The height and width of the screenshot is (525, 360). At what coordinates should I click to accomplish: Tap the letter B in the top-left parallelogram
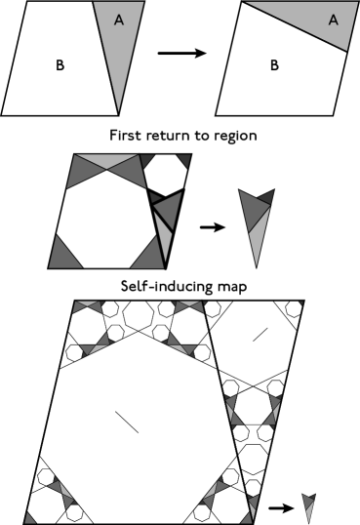[x=60, y=67]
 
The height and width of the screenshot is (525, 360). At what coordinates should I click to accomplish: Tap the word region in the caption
[x=231, y=135]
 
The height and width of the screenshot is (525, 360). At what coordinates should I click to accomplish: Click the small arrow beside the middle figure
[x=209, y=227]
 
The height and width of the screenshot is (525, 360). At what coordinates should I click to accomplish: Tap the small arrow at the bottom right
[x=286, y=507]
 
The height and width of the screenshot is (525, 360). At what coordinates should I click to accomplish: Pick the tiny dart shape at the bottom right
[x=309, y=505]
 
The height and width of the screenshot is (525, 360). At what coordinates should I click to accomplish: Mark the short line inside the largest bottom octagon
[x=126, y=422]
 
